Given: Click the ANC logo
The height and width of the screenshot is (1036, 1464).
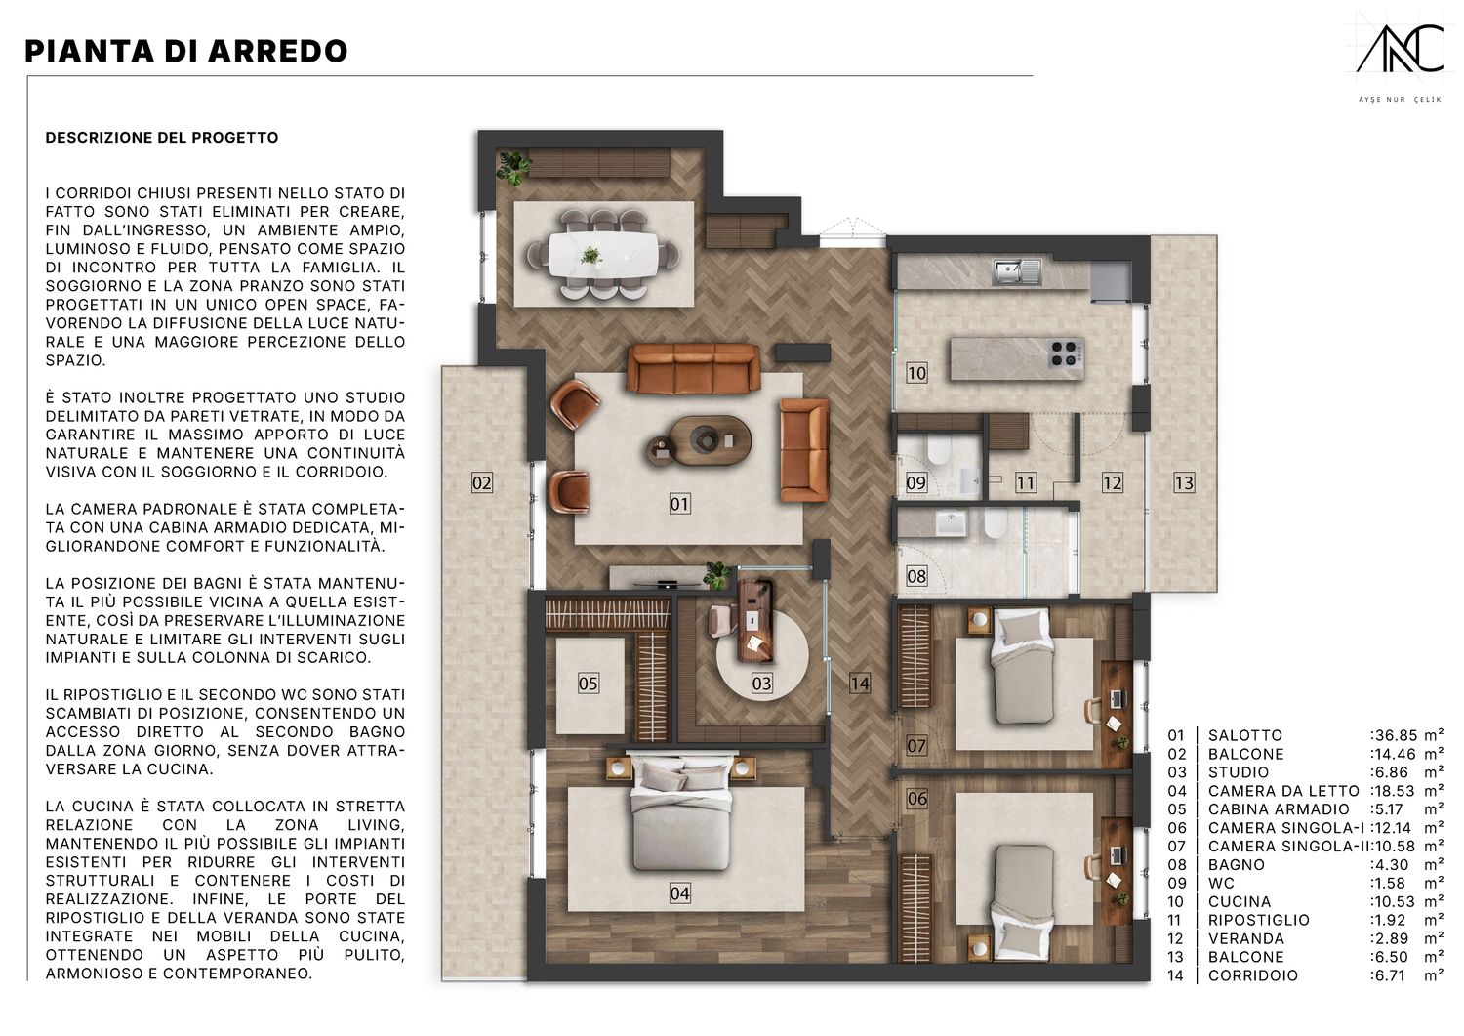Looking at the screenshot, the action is point(1400,59).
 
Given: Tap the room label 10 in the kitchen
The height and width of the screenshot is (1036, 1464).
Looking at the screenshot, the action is point(916,373).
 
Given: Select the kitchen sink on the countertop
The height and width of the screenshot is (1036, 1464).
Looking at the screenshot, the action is point(1017,271).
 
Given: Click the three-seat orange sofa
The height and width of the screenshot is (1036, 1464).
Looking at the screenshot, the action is point(693,368).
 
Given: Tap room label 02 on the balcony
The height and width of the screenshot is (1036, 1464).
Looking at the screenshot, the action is point(482,482).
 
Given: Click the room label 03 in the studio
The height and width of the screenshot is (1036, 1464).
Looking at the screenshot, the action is point(761,684).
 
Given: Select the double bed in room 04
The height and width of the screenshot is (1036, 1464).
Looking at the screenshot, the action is point(680,812).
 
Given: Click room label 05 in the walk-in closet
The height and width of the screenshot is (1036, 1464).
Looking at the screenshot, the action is point(589,684).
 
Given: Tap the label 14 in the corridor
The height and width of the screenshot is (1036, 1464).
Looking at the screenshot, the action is point(860,684).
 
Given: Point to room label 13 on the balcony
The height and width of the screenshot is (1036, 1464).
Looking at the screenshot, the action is point(1184,482).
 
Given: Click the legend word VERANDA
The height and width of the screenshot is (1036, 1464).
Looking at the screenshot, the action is point(1245,938).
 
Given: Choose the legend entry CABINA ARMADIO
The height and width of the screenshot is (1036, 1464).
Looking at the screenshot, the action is point(1279,809).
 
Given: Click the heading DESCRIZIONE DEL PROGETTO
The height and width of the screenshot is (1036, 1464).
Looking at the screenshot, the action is point(162,138).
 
